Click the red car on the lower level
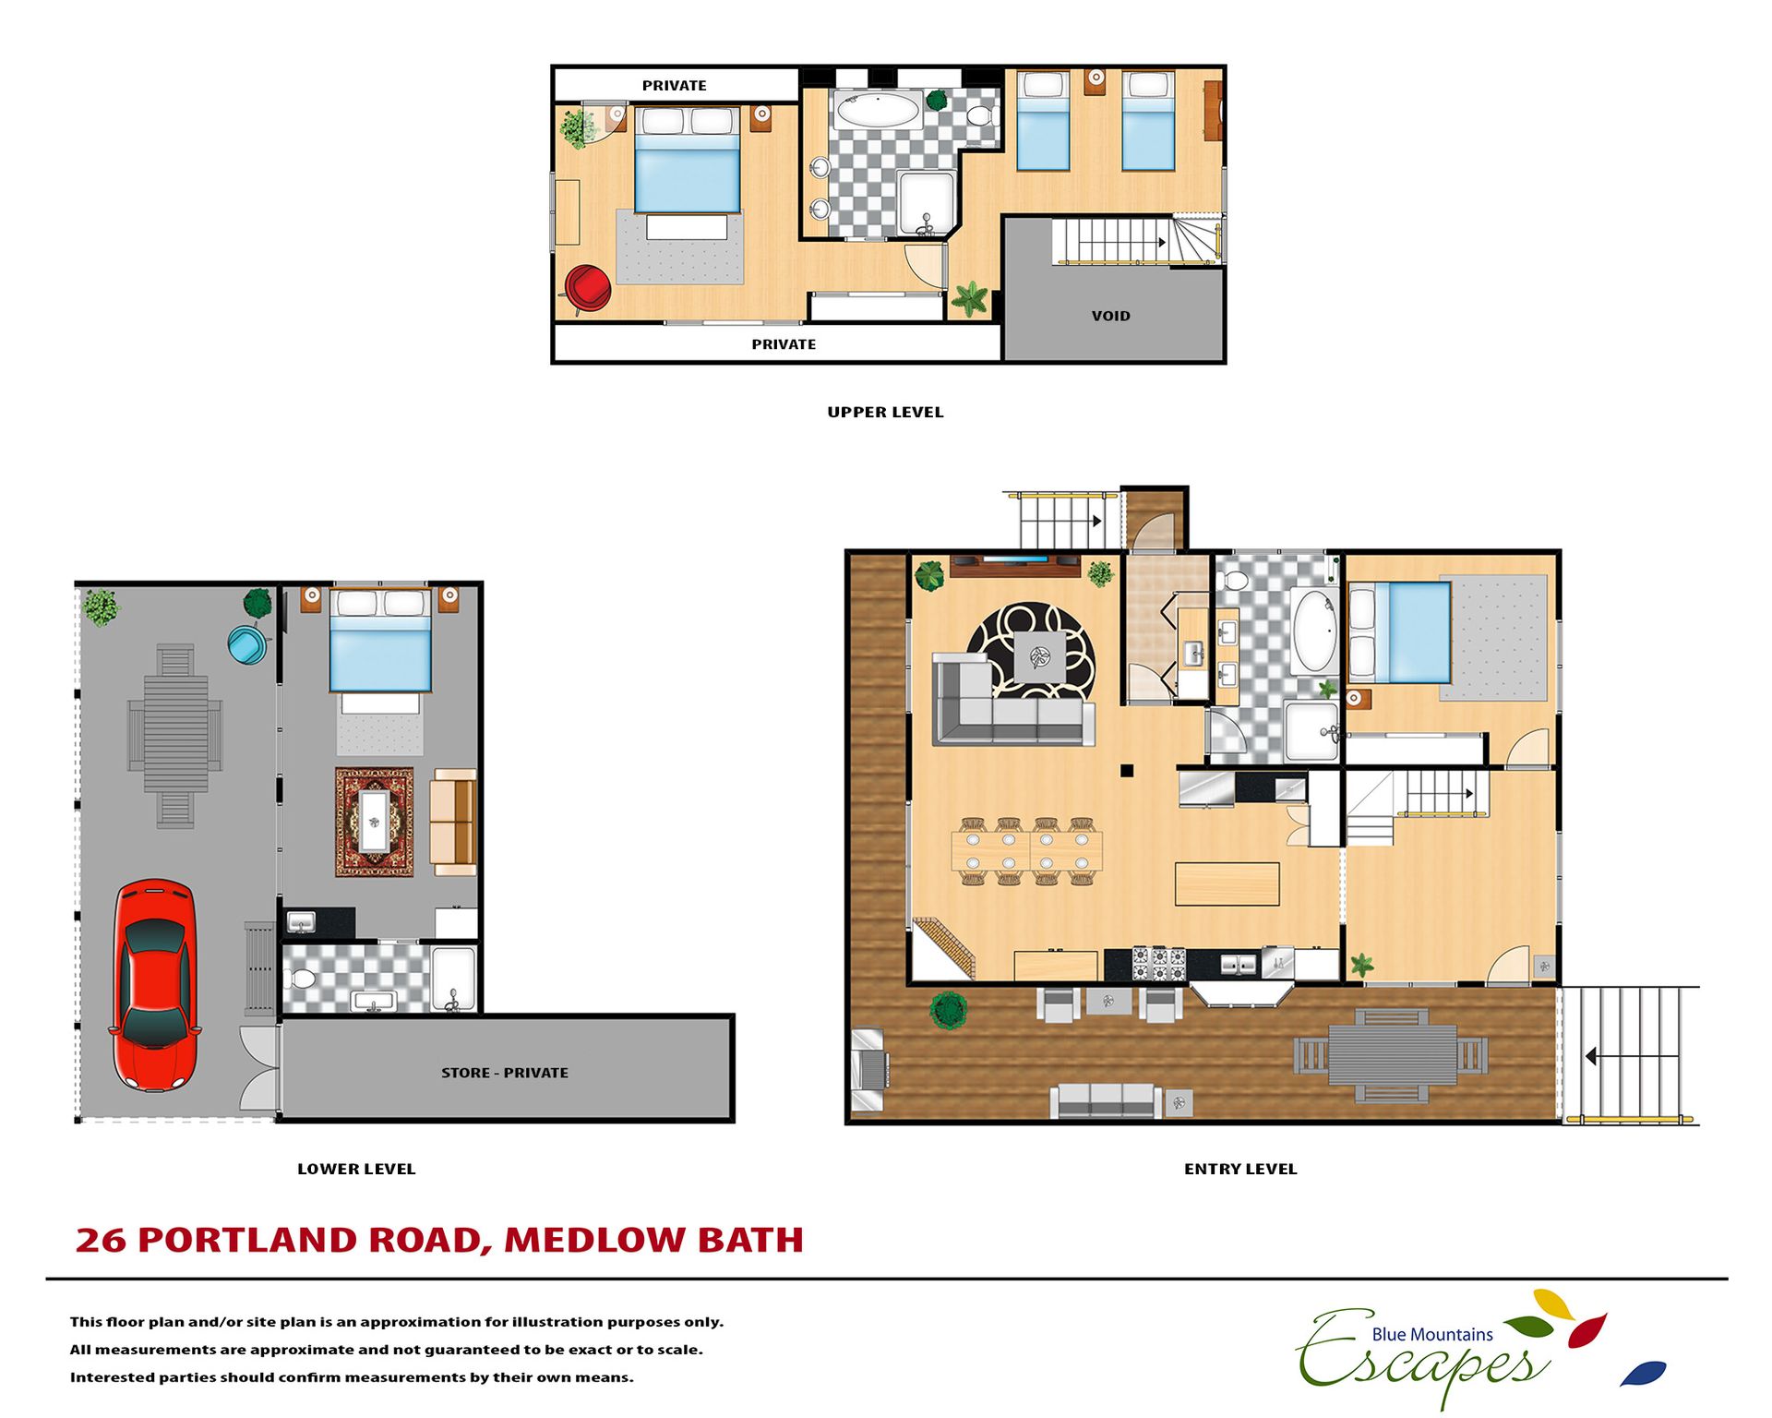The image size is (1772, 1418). (155, 984)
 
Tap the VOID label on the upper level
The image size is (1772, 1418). (1110, 316)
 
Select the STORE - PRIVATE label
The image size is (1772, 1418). (505, 1073)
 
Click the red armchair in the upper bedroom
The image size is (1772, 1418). (587, 288)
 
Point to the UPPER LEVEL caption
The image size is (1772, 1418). (885, 412)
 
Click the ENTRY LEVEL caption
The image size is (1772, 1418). (1240, 1169)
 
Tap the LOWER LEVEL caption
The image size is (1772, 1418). (356, 1169)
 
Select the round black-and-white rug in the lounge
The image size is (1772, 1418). (1031, 651)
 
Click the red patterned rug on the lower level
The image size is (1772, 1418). (374, 822)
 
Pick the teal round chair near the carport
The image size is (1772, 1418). (247, 644)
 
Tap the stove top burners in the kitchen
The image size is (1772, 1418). (1159, 963)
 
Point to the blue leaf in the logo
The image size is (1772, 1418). (1644, 1373)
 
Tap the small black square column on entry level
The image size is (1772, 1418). (1127, 770)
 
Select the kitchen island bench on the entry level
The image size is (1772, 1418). (1227, 883)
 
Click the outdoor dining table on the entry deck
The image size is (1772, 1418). (1393, 1055)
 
